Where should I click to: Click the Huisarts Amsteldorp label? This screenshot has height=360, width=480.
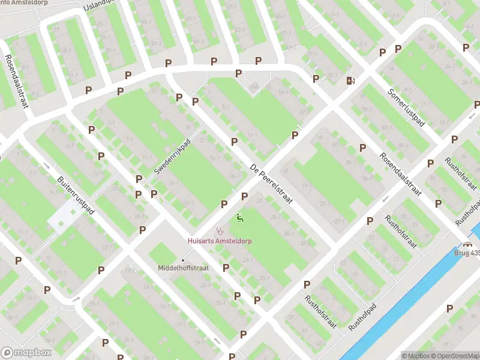[x=220, y=241]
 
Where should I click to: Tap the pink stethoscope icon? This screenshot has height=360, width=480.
[x=220, y=230]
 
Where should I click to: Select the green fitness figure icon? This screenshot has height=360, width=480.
[x=241, y=218]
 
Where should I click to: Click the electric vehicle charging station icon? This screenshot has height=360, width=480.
[x=350, y=80]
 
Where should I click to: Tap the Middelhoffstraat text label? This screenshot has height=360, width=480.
[x=183, y=268]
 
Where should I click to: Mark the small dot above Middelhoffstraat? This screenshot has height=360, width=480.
[x=183, y=260]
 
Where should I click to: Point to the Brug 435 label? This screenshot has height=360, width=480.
[x=467, y=253]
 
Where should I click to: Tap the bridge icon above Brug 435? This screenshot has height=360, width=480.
[x=467, y=244]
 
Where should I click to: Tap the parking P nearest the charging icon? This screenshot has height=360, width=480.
[x=316, y=79]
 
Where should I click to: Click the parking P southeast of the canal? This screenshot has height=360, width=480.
[x=449, y=308]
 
